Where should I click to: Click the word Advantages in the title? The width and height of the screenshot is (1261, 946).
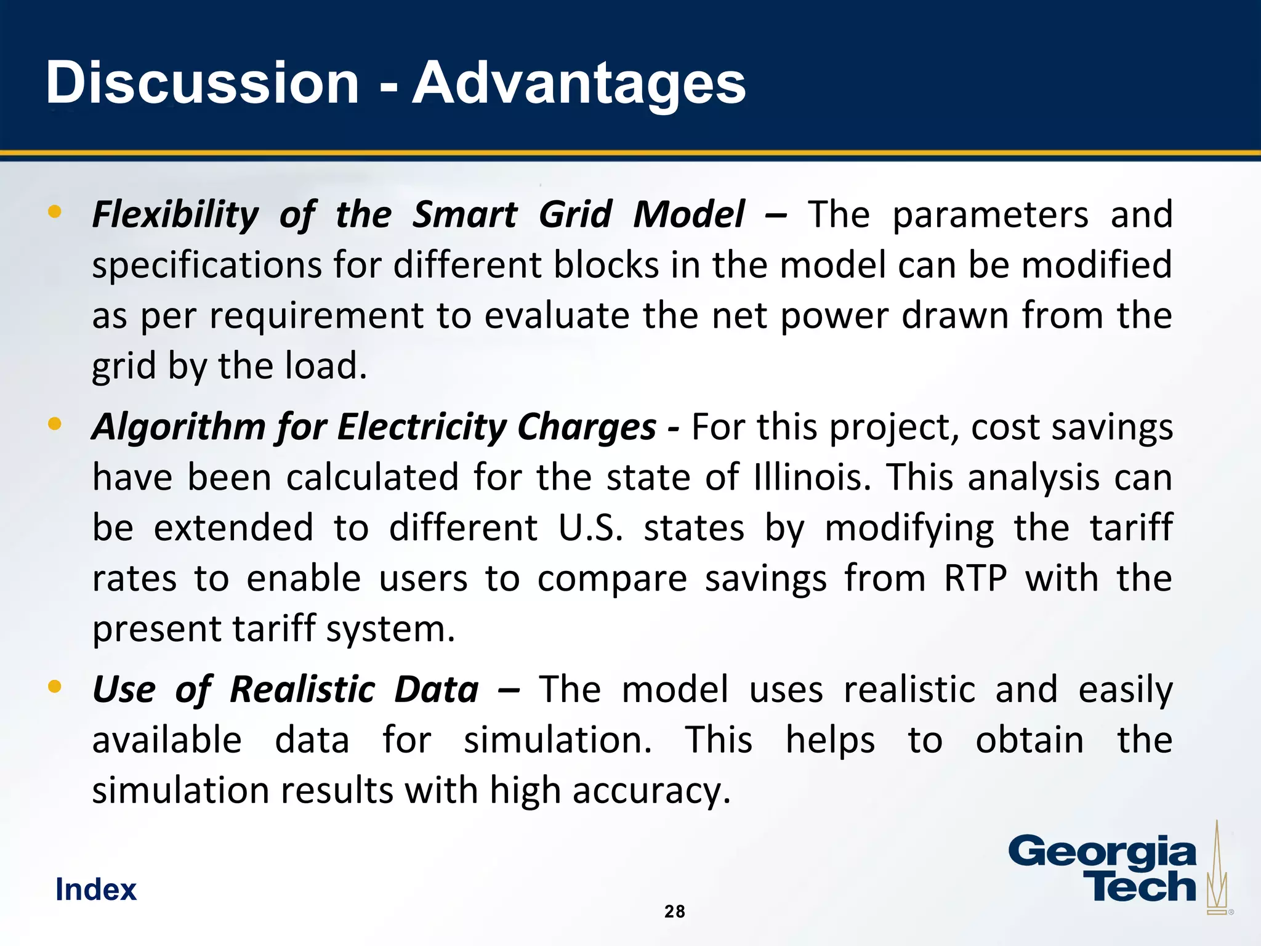pyautogui.click(x=579, y=84)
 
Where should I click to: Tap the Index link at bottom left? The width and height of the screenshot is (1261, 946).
pyautogui.click(x=96, y=889)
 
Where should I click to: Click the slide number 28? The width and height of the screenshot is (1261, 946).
pyautogui.click(x=675, y=912)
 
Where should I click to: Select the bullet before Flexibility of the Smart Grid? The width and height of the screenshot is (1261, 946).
pyautogui.click(x=55, y=212)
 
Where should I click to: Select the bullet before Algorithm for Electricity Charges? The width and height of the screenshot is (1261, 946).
pyautogui.click(x=55, y=424)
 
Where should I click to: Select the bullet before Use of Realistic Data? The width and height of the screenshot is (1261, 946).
pyautogui.click(x=55, y=686)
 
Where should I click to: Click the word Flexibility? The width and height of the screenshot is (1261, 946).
pyautogui.click(x=175, y=215)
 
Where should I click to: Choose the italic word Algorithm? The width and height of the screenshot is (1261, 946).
pyautogui.click(x=179, y=427)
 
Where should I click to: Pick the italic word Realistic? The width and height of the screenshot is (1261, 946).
pyautogui.click(x=302, y=689)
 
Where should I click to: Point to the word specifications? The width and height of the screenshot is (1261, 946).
pyautogui.click(x=207, y=265)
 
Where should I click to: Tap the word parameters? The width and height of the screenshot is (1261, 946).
pyautogui.click(x=990, y=215)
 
